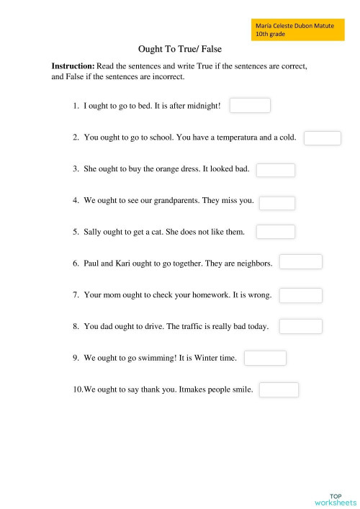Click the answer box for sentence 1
pyautogui.click(x=250, y=106)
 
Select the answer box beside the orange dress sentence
pyautogui.click(x=276, y=170)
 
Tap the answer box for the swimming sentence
pyautogui.click(x=265, y=358)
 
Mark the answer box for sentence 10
pyautogui.click(x=279, y=389)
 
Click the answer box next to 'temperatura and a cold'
pyautogui.click(x=322, y=138)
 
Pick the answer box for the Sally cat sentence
pyautogui.click(x=276, y=231)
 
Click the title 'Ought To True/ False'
pyautogui.click(x=179, y=50)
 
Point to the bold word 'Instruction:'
pyautogui.click(x=73, y=66)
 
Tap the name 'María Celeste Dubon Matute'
pyautogui.click(x=294, y=26)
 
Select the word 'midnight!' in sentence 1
pyautogui.click(x=204, y=107)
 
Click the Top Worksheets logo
pyautogui.click(x=336, y=499)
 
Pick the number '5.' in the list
pyautogui.click(x=76, y=232)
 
